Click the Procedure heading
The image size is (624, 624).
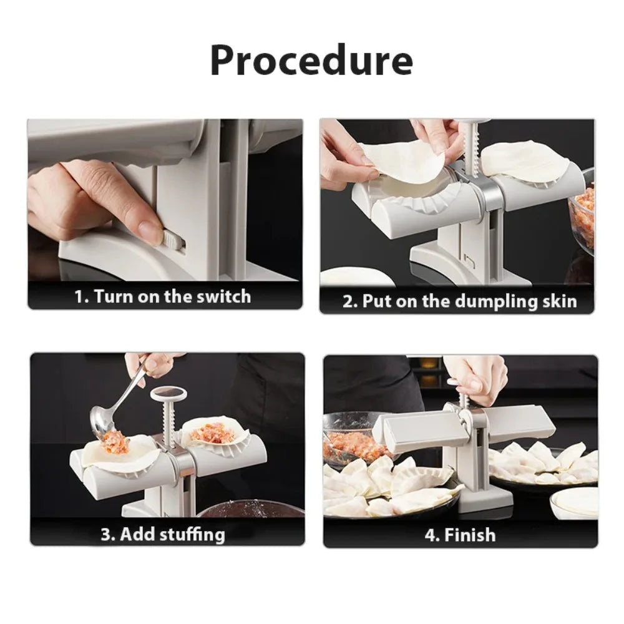pos(311,61)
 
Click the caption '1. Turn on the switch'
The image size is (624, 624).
pos(162,296)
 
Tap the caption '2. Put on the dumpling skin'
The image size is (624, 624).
pos(459,301)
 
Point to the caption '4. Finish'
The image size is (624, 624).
pos(460,535)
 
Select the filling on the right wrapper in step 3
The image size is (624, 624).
pos(213,432)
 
